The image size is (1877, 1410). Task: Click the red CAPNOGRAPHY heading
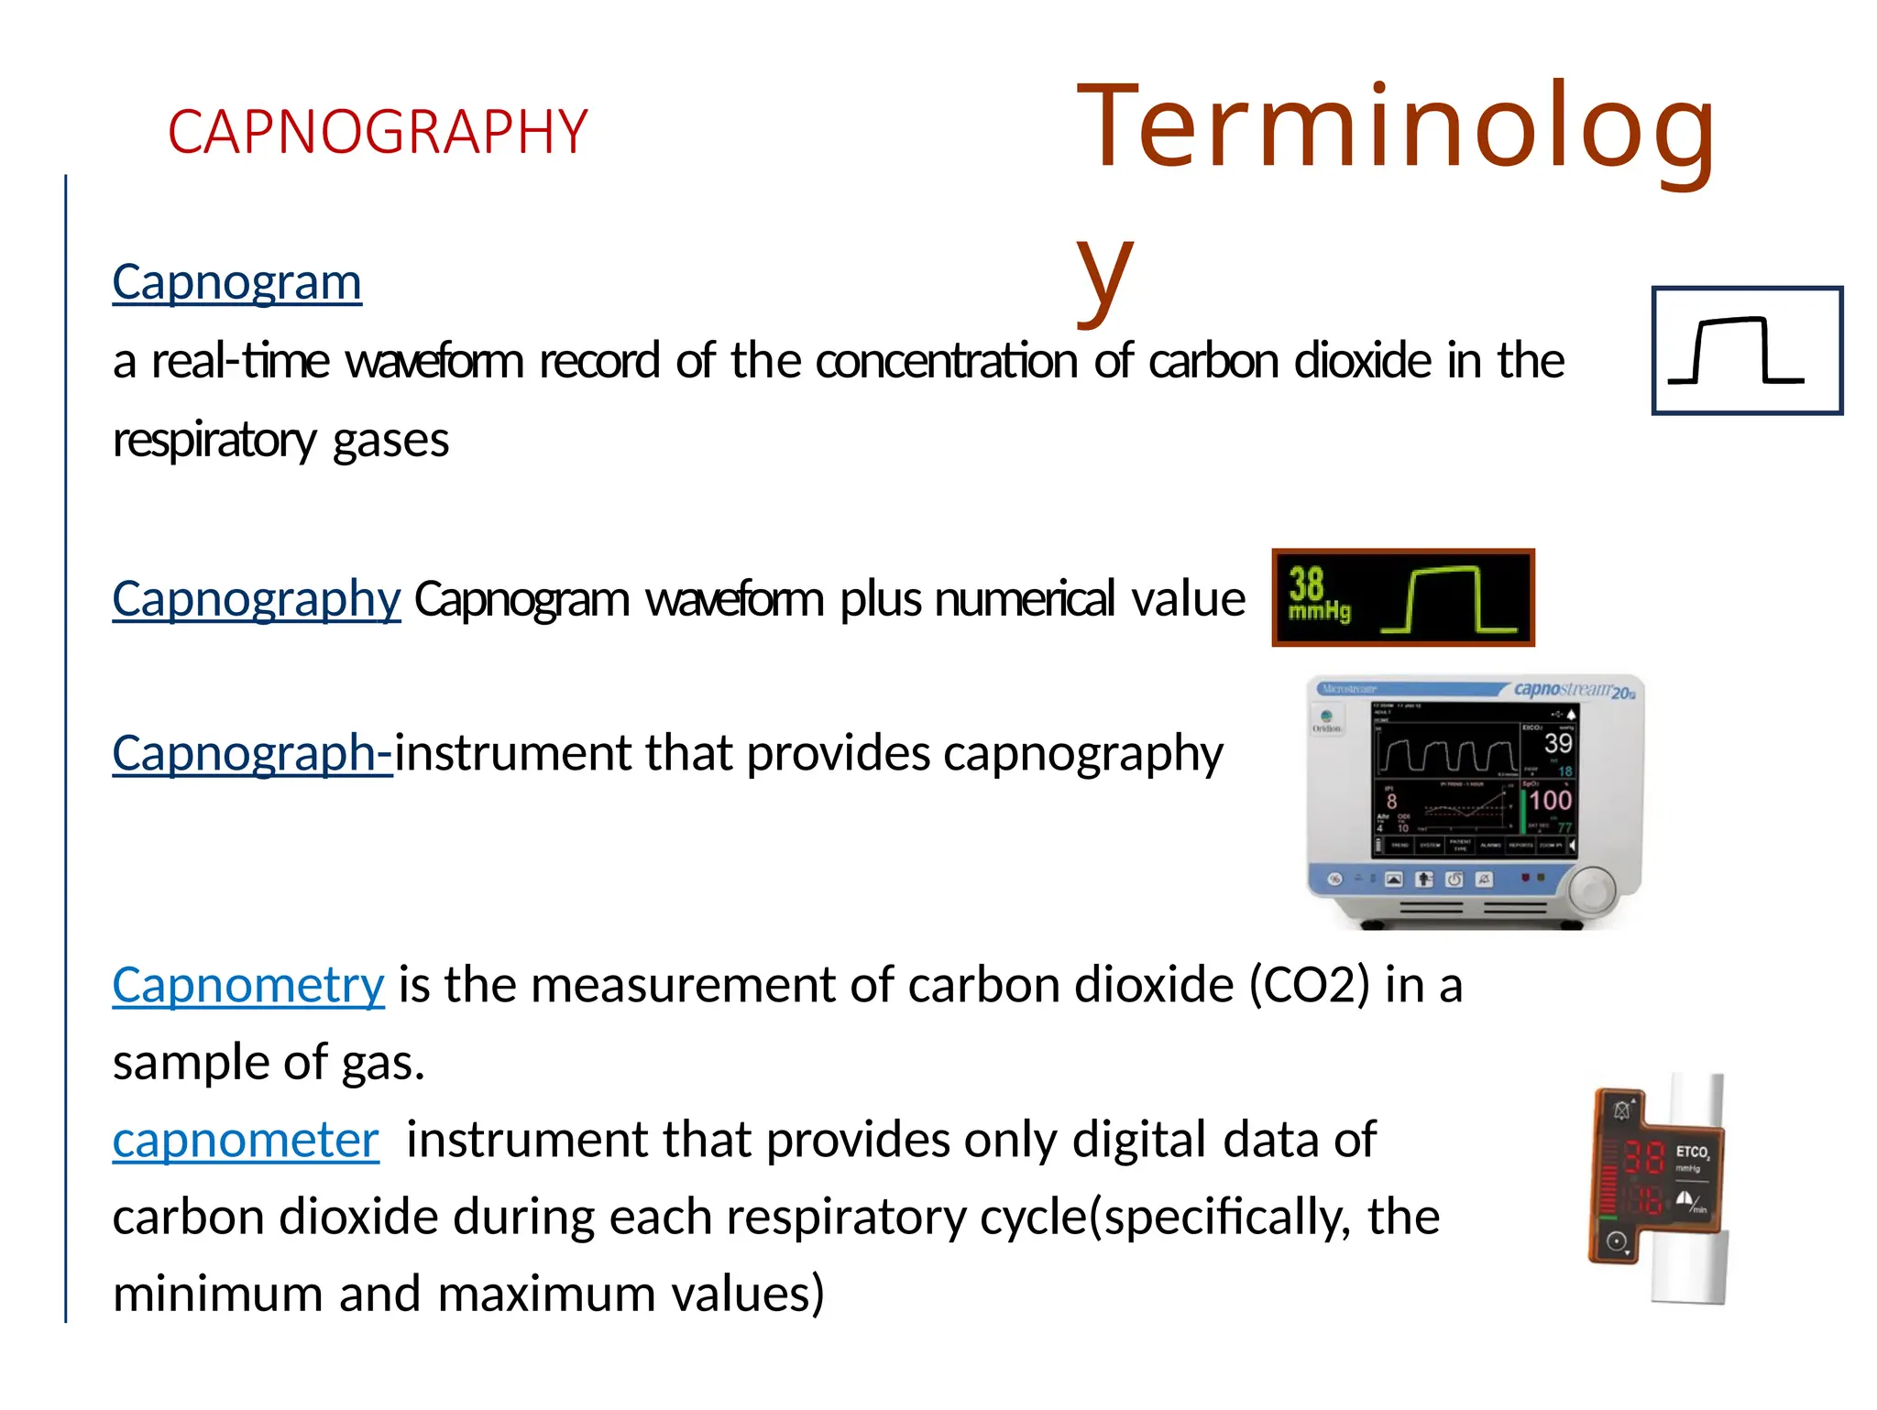click(x=377, y=132)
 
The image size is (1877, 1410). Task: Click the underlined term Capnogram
click(x=236, y=282)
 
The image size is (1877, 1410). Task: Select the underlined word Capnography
click(x=256, y=599)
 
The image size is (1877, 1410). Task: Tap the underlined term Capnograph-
click(x=251, y=753)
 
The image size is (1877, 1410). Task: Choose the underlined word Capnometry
click(x=247, y=985)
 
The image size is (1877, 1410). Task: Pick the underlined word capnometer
click(x=245, y=1140)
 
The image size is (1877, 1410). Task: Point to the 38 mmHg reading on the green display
click(x=1317, y=594)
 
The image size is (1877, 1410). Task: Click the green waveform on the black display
click(x=1448, y=600)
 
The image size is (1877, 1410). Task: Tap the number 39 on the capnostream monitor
click(x=1557, y=743)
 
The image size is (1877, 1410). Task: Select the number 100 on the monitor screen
click(x=1550, y=800)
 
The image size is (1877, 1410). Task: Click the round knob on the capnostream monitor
click(x=1594, y=890)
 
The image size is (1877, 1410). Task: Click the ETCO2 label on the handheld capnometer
click(x=1692, y=1152)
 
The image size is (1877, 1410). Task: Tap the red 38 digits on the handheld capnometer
click(x=1643, y=1157)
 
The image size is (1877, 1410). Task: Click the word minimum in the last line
click(x=217, y=1295)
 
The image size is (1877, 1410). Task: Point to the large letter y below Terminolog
click(x=1104, y=270)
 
